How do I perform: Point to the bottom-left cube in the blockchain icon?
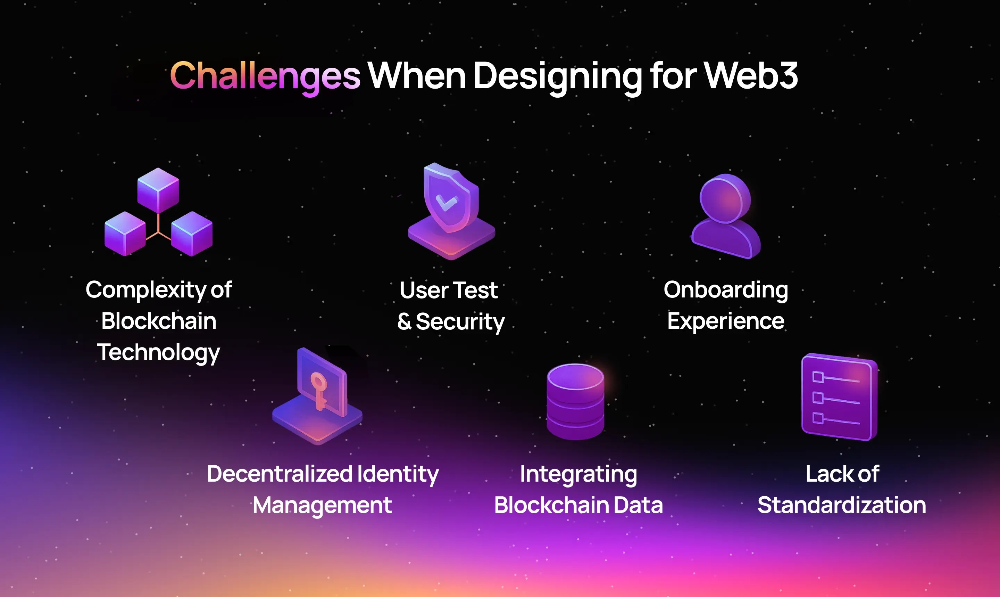[x=125, y=233]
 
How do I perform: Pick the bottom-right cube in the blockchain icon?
[x=192, y=233]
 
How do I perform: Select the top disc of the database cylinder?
[x=575, y=377]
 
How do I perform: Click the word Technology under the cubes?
[x=158, y=352]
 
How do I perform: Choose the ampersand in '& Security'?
[x=405, y=321]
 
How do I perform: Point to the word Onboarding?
[x=725, y=290]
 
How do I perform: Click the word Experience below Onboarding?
[x=725, y=321]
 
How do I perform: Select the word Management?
[x=322, y=505]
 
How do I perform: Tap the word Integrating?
[x=578, y=474]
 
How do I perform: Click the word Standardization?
[x=842, y=505]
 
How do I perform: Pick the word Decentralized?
[x=280, y=474]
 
